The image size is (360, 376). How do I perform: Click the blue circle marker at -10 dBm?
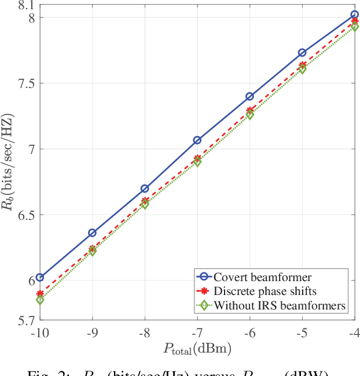[x=40, y=278]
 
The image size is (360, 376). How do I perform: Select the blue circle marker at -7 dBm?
[x=197, y=140]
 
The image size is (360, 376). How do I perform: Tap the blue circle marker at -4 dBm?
[x=355, y=14]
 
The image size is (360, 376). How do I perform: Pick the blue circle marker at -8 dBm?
[x=145, y=189]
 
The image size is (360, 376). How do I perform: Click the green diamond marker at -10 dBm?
[x=40, y=300]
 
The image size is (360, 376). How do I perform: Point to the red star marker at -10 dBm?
[x=40, y=294]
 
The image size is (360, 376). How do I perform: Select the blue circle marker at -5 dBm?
[x=302, y=53]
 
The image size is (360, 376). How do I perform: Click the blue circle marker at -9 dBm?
[x=92, y=233]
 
